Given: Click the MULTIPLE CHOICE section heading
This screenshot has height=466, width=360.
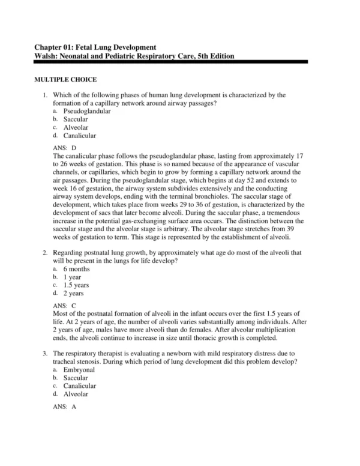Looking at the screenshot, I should click(x=65, y=79).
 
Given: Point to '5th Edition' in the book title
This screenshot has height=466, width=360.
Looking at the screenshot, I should click(x=212, y=56).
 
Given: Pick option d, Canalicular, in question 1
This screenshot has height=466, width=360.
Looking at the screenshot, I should click(x=79, y=136).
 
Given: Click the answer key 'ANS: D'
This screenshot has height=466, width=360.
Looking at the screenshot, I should click(x=65, y=147).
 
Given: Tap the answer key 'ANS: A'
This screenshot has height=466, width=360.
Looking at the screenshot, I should click(x=65, y=407).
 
